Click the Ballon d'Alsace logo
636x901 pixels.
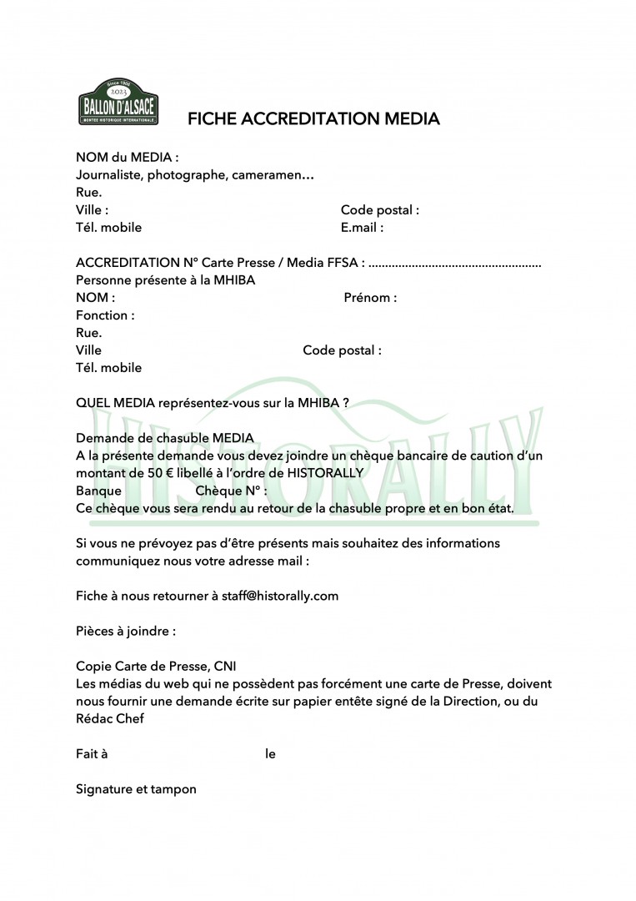click(117, 103)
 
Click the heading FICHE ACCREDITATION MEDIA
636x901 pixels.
click(313, 119)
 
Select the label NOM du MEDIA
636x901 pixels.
click(127, 157)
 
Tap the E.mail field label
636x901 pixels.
click(362, 227)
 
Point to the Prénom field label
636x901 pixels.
click(370, 298)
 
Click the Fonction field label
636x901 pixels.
click(105, 315)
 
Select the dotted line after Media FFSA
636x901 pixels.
click(454, 263)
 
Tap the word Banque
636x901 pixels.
click(99, 491)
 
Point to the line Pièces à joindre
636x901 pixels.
click(126, 631)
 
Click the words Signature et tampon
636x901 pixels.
click(136, 788)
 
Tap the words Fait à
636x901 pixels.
click(92, 754)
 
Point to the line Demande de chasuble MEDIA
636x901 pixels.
click(165, 438)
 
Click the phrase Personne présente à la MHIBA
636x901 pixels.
click(165, 280)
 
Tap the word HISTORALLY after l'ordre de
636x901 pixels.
click(323, 473)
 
